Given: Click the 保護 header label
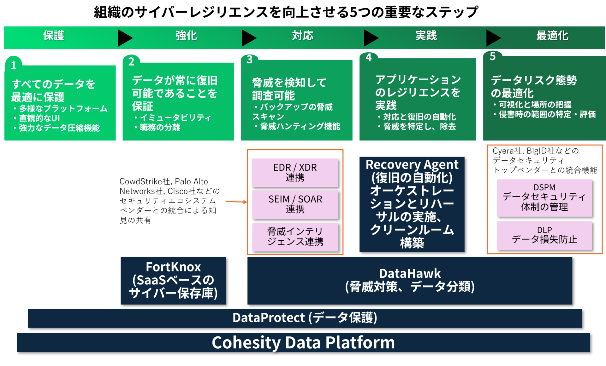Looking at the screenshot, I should (x=54, y=36).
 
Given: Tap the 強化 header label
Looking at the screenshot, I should (x=186, y=36).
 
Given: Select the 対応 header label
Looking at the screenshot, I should (x=302, y=36).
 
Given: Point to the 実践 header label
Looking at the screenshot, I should (x=426, y=36).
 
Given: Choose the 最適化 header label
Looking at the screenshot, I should (x=552, y=36).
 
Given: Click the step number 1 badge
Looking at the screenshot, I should (x=14, y=65).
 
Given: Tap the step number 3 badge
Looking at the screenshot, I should (x=250, y=60).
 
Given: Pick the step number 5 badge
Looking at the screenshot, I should (x=492, y=56).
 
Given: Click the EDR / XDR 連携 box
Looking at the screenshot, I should (x=295, y=173).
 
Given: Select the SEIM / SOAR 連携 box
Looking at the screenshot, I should (x=295, y=204).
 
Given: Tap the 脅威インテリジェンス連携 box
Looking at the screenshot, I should (x=295, y=237).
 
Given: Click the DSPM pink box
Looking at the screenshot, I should (x=544, y=197).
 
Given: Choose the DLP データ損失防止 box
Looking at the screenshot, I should (x=544, y=235).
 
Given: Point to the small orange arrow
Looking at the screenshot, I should (x=236, y=202).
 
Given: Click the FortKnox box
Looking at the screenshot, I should (x=173, y=280).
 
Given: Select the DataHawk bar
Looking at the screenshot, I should (x=409, y=280).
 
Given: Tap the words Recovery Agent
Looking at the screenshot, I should (x=412, y=164).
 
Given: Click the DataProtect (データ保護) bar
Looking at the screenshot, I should (x=305, y=318).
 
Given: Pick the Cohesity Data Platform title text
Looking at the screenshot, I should (x=303, y=342).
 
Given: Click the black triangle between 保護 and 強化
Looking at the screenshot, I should (x=125, y=38).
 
